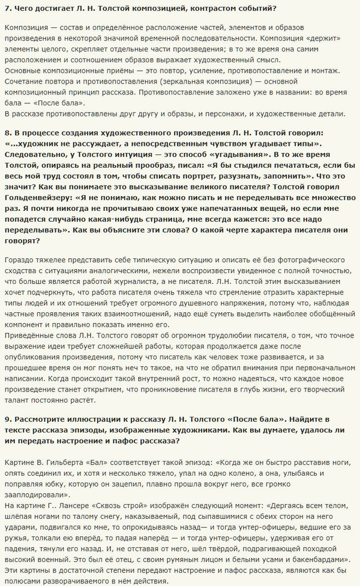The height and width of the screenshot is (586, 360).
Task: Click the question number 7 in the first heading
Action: [7, 9]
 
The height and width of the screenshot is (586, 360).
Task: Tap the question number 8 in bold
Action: [7, 133]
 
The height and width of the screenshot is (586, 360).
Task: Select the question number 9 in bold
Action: [7, 418]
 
